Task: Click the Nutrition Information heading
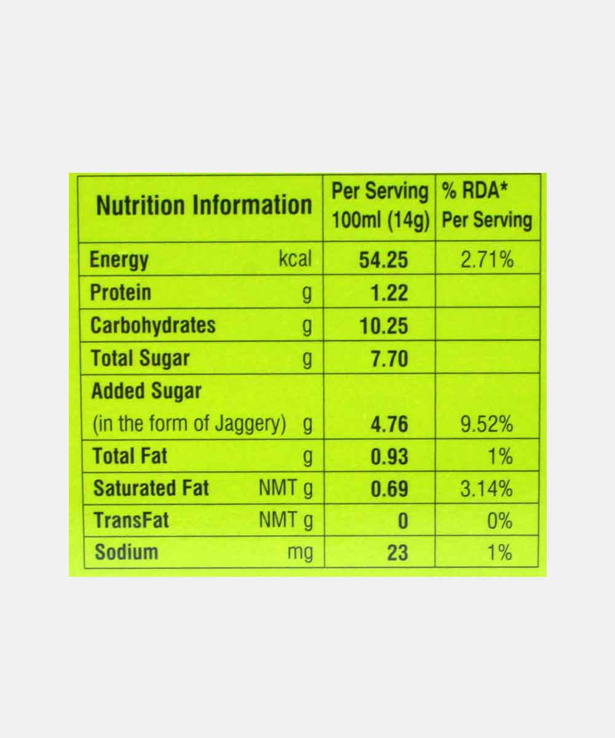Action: click(x=204, y=205)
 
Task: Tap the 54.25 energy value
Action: click(x=384, y=260)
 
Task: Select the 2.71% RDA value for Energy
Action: click(x=487, y=260)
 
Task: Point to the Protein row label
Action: click(x=121, y=292)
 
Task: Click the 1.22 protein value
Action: click(x=389, y=293)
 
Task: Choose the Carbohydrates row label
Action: click(x=153, y=325)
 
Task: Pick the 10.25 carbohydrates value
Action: click(x=384, y=326)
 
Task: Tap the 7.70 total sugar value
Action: click(x=389, y=359)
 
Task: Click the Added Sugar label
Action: click(x=146, y=391)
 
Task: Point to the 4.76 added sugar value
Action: click(x=389, y=424)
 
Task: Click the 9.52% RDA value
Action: click(x=487, y=424)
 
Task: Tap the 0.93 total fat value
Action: click(x=389, y=457)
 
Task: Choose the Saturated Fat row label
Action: click(x=151, y=489)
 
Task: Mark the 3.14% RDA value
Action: click(x=487, y=490)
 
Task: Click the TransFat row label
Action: click(x=131, y=521)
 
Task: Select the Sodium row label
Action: click(x=126, y=552)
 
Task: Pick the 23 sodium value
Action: click(x=397, y=552)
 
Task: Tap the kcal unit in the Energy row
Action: click(x=295, y=260)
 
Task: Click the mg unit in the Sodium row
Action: click(x=300, y=553)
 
